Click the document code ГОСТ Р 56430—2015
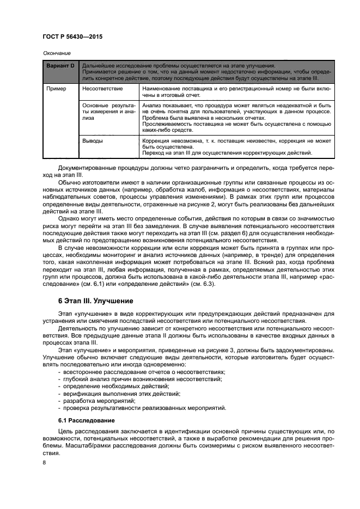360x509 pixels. tap(72, 36)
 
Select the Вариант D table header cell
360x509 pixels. tap(60, 64)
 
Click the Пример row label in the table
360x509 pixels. tap(56, 88)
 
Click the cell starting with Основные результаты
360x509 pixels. tap(108, 112)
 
